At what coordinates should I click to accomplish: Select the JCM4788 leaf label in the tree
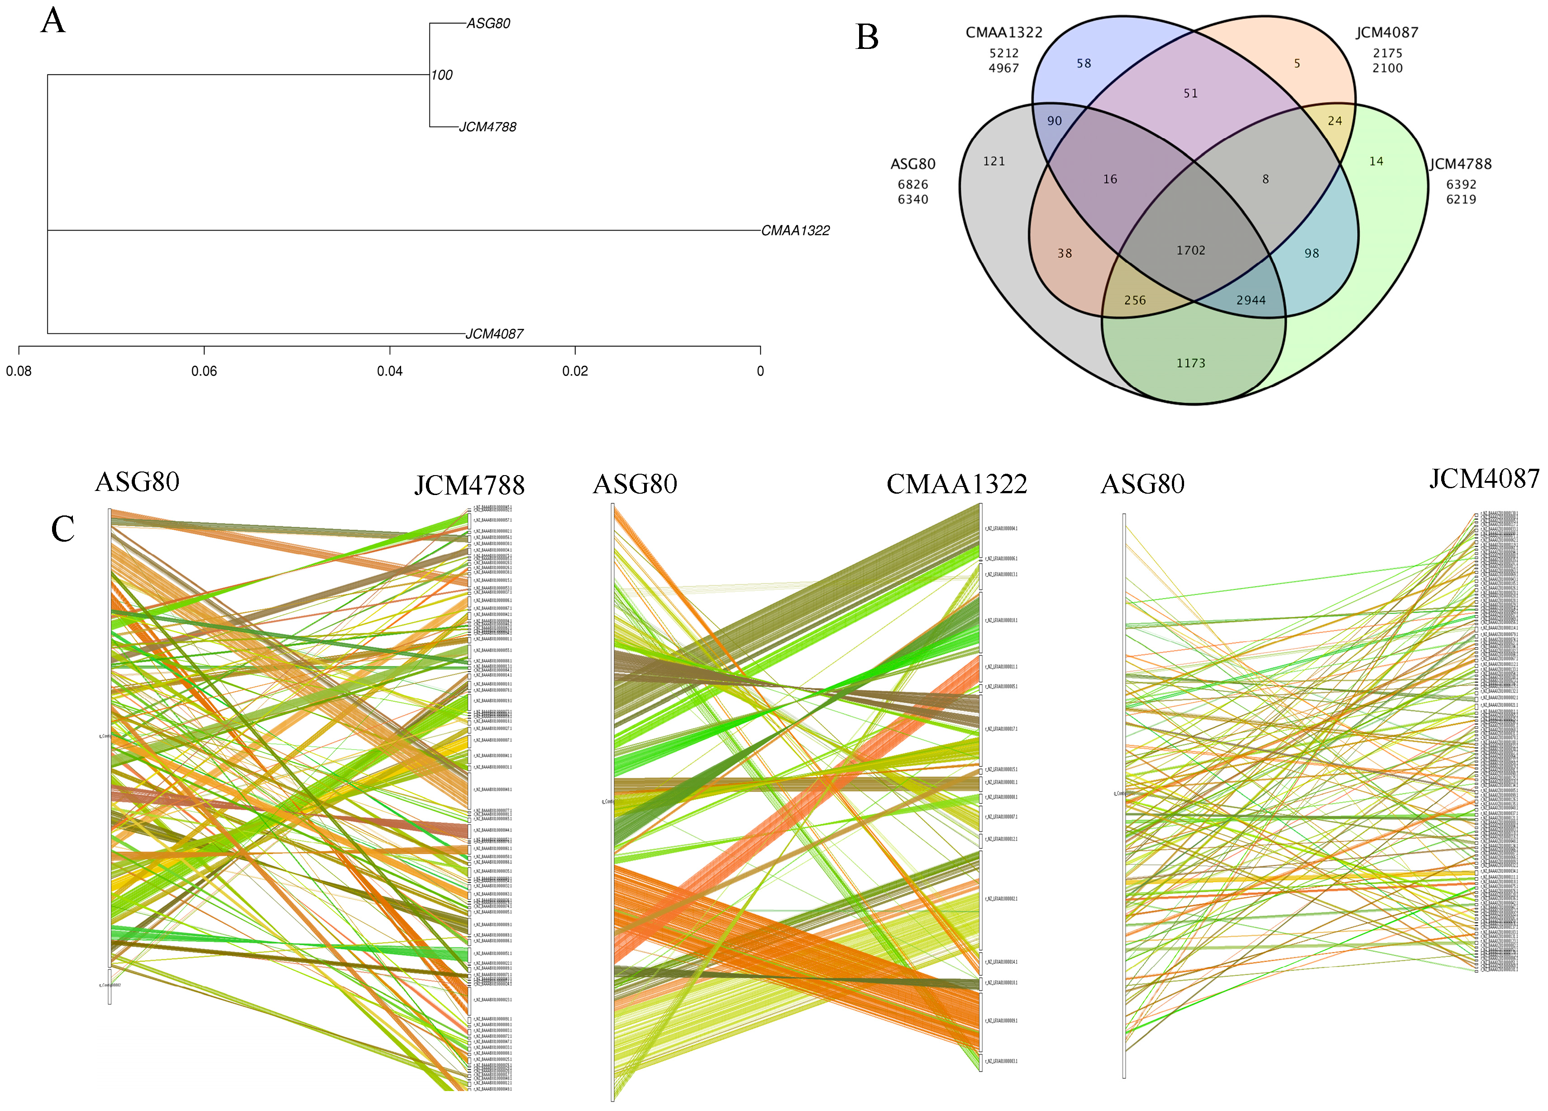coord(487,127)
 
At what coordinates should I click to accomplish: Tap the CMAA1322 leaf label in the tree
coord(795,231)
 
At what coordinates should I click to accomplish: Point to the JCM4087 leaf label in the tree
coord(494,334)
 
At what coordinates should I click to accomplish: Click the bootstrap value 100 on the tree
coord(442,75)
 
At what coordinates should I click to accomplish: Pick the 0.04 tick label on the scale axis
coord(390,371)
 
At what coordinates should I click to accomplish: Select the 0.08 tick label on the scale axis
coord(19,371)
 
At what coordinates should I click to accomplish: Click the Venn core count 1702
coord(1190,250)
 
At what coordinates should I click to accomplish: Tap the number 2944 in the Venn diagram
coord(1251,300)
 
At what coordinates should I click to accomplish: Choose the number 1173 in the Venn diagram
coord(1190,363)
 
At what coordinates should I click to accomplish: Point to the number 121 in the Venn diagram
coord(994,161)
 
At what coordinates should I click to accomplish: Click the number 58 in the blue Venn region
coord(1084,63)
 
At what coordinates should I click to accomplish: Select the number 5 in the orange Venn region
coord(1297,63)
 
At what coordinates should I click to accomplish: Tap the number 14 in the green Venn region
coord(1376,161)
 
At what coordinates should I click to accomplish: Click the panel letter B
coord(867,38)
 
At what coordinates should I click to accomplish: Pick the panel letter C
coord(63,529)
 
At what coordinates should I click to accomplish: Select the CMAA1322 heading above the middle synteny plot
coord(956,484)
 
